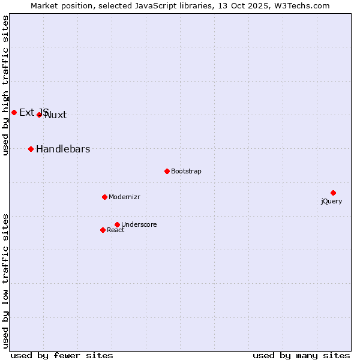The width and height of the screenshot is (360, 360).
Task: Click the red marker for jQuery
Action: coord(333,193)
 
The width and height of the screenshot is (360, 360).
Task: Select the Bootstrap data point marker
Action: coord(167,171)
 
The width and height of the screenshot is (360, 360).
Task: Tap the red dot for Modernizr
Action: coord(104,197)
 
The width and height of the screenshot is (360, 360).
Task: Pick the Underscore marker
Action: coord(117,224)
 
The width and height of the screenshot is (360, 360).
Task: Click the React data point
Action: coord(103,230)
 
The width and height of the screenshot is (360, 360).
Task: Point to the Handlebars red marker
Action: coord(31,149)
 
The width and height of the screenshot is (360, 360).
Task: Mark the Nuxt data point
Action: coord(39,115)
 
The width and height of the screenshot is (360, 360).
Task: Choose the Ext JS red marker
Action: coord(14,112)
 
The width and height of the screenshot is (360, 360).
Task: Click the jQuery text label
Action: coord(331,202)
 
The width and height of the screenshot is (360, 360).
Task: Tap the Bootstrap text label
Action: coord(186,172)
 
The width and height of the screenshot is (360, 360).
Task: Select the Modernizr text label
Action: coord(124,197)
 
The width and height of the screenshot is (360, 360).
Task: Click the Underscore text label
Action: coord(139,225)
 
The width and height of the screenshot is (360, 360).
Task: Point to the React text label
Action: coord(116,230)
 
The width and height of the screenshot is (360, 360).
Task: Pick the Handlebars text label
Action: coord(63,149)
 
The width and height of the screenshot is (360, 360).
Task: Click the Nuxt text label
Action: coord(56,115)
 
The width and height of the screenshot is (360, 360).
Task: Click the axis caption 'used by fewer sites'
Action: coord(62,355)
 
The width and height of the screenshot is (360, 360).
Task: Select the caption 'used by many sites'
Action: coord(301,355)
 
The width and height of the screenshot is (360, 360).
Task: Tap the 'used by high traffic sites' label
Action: coord(5,85)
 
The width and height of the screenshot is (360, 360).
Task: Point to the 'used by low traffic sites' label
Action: coord(5,280)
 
